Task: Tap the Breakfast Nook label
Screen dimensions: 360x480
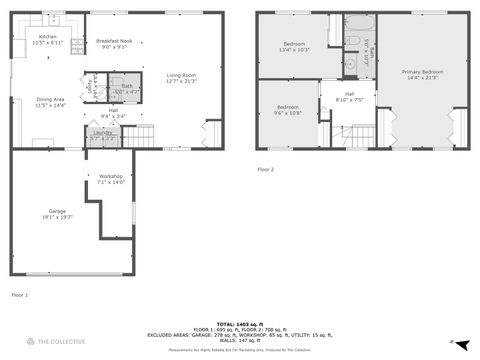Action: pos(112,43)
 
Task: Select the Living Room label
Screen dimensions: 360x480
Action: pos(181,78)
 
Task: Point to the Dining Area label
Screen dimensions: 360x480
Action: pos(50,102)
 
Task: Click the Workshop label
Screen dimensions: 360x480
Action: pos(110,179)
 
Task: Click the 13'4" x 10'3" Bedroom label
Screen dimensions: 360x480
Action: pos(294,46)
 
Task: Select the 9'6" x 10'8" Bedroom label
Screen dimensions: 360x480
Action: pos(288,109)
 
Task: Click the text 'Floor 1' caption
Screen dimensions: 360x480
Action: pos(20,295)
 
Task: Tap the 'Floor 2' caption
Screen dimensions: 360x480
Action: pos(265,170)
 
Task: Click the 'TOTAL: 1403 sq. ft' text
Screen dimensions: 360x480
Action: pos(240,323)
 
